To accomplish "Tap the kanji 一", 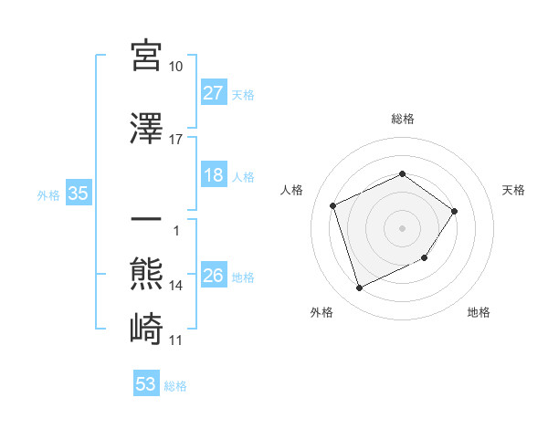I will tap(146, 222).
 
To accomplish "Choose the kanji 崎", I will tap(146, 328).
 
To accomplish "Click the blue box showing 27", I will tap(214, 93).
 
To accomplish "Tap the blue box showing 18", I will tap(214, 175).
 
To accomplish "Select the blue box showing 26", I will tap(214, 276).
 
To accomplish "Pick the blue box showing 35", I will tap(78, 194).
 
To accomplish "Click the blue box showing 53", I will tap(146, 384).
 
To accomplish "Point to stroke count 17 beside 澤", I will tap(176, 140).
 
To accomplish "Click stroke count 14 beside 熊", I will tap(176, 286).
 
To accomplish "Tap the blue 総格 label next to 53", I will tap(175, 386).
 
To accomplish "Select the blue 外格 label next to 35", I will tap(48, 194).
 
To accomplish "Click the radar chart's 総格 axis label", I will tap(402, 119).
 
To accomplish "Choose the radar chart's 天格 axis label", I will tap(514, 190).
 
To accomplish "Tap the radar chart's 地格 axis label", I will tap(479, 312).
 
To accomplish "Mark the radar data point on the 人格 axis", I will tap(333, 205).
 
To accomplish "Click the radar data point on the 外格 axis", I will tap(359, 288).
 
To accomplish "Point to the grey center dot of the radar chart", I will tap(402, 227).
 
